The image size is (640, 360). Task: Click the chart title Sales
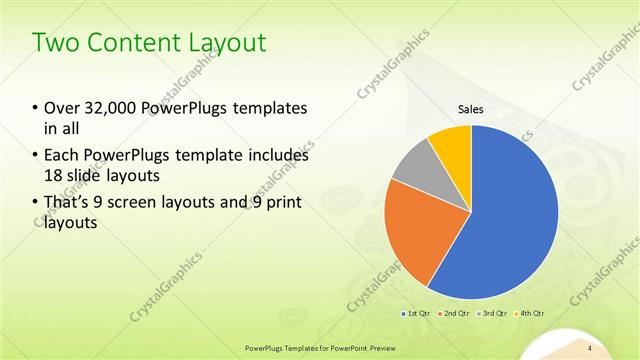[x=471, y=109]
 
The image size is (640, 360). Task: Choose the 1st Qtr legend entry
[x=418, y=314]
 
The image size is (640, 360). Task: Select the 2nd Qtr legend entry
[x=456, y=314]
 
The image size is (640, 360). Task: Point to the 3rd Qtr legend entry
[x=494, y=314]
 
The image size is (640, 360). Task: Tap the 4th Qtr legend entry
[x=531, y=314]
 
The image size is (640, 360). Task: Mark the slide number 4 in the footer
[x=590, y=347]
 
